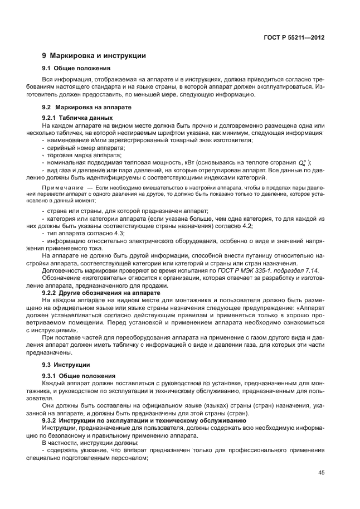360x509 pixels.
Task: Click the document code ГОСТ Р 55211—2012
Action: [294, 37]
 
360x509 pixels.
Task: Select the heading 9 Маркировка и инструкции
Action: [94, 56]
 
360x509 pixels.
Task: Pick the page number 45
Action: [321, 472]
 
